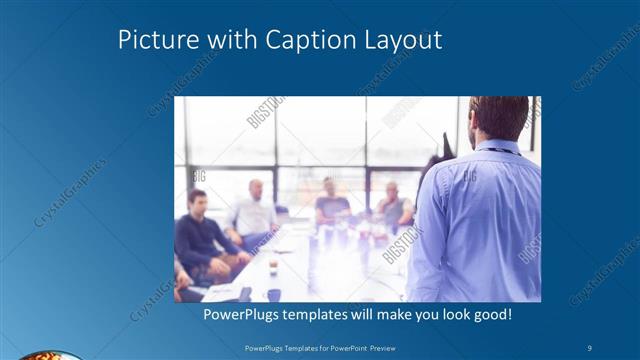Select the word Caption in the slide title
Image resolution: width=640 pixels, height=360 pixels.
point(307,41)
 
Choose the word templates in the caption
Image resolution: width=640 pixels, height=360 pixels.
point(321,314)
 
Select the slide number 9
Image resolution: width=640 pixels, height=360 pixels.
point(591,347)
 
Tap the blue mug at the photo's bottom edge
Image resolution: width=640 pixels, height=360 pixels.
point(273,295)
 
